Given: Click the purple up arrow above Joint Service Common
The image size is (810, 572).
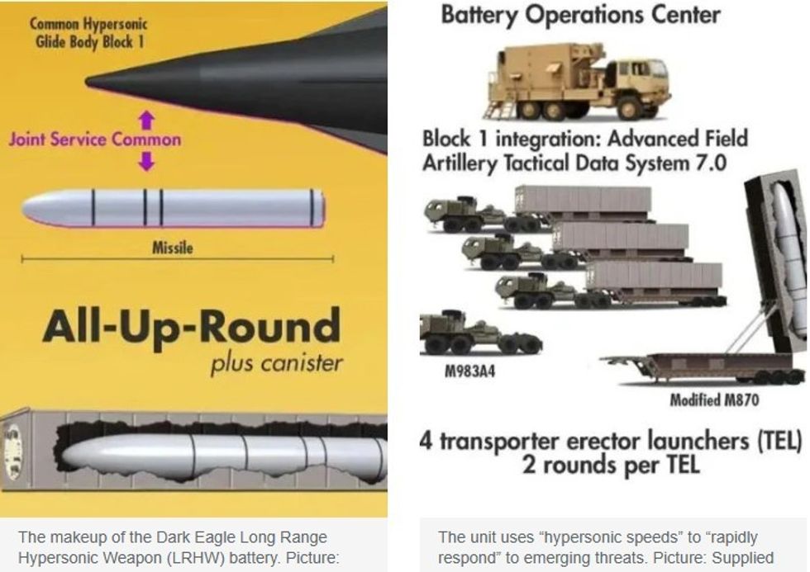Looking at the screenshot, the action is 147,121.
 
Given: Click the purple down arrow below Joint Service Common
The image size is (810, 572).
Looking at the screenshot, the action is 147,161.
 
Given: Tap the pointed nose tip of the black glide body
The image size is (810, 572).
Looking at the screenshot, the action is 87,82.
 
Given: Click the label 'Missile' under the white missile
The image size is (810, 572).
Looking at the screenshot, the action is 173,248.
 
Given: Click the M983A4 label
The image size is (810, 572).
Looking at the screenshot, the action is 469,371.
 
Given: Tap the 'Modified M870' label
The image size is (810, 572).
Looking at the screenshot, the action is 714,399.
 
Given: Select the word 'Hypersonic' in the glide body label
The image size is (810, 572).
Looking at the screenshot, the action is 116,24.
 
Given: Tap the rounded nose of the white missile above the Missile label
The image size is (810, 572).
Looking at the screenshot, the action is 31,209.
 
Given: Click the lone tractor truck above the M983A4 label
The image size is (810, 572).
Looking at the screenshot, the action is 480,334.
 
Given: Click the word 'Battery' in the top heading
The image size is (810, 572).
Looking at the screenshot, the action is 479,16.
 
